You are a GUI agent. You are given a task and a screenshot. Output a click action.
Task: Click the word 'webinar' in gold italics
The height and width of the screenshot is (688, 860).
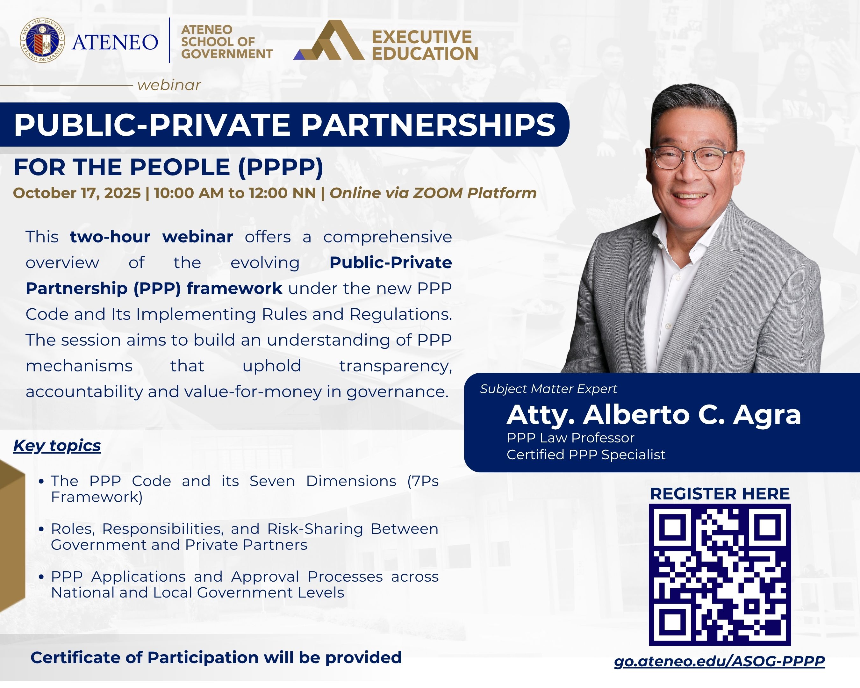tap(169, 85)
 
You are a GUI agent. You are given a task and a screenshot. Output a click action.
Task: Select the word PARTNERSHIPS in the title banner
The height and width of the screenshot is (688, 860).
tap(428, 125)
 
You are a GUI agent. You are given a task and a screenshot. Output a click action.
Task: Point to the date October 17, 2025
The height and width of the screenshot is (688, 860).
tap(77, 193)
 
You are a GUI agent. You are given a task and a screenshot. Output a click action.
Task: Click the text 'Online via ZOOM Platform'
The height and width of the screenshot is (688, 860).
tap(433, 193)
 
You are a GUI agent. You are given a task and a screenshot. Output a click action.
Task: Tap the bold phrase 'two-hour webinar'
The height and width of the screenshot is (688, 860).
tap(151, 237)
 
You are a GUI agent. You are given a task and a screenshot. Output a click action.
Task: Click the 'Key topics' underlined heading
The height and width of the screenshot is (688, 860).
tap(57, 446)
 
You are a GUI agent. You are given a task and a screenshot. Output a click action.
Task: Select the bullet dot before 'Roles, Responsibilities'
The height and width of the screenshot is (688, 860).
tap(41, 529)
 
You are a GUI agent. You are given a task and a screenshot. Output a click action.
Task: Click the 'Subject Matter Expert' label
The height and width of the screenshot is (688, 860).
tap(548, 389)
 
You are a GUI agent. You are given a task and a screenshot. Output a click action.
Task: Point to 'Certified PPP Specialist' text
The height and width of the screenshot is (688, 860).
tap(585, 455)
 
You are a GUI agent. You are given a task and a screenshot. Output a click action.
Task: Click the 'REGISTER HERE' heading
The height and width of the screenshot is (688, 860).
tap(720, 494)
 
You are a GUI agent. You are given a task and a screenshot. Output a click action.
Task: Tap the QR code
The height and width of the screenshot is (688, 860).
tap(720, 575)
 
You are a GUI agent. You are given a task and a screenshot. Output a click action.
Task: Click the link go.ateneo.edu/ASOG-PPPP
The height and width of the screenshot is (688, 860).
tap(719, 661)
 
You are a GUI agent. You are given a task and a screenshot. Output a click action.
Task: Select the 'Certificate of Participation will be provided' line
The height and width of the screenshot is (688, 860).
tap(216, 658)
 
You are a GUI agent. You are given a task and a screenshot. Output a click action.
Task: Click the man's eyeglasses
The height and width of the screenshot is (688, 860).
tap(692, 158)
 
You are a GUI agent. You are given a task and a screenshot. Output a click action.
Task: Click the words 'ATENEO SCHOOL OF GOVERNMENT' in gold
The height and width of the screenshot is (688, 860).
tap(226, 42)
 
